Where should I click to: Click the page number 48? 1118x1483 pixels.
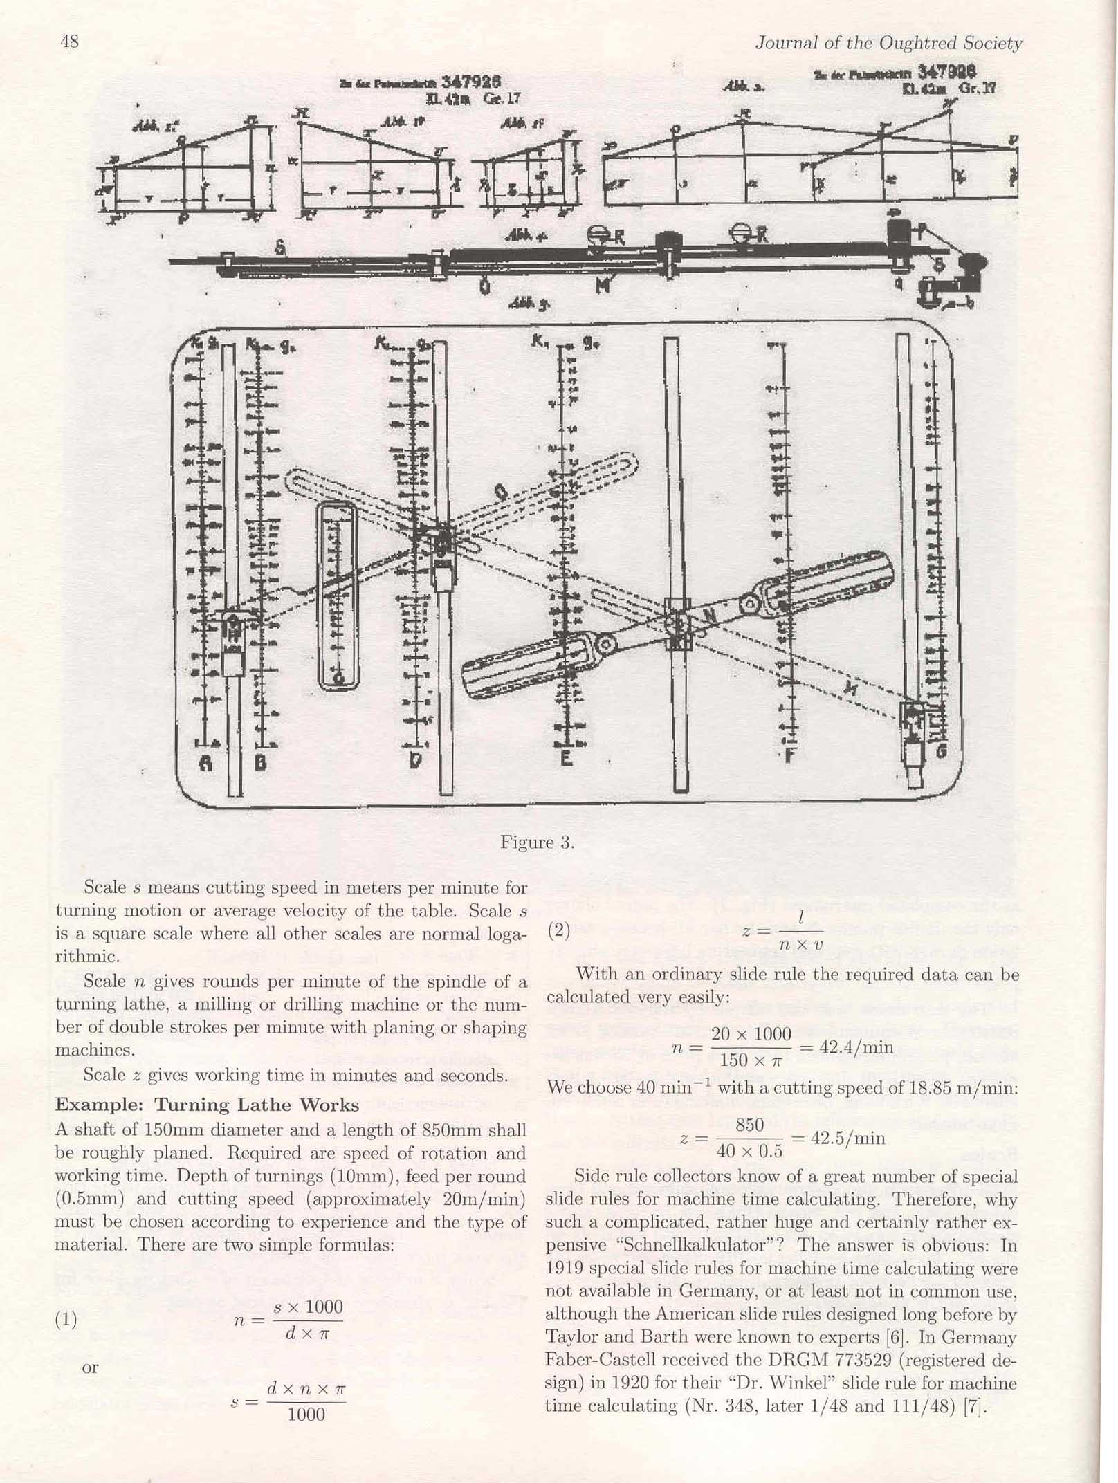tap(69, 42)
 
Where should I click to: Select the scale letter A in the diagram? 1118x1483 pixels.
tap(205, 762)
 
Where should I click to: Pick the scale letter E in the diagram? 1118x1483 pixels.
tap(565, 758)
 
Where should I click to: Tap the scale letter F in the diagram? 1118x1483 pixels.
tap(789, 755)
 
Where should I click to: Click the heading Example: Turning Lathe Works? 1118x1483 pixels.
tap(207, 1105)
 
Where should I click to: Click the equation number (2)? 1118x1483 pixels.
tap(558, 930)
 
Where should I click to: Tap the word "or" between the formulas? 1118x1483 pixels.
tap(90, 1367)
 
